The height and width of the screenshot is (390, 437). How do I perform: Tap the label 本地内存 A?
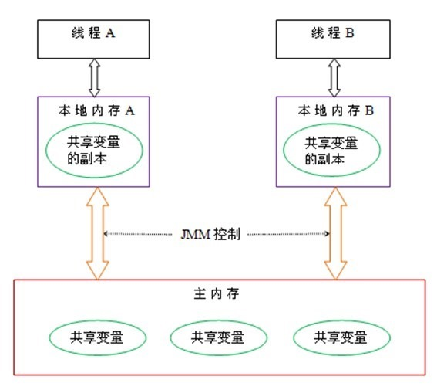coord(97,110)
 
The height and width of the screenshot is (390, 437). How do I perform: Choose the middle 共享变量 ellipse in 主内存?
coord(218,337)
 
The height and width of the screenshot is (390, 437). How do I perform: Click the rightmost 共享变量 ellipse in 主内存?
coord(341,337)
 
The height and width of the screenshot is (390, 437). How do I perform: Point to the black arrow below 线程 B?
coord(334,77)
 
